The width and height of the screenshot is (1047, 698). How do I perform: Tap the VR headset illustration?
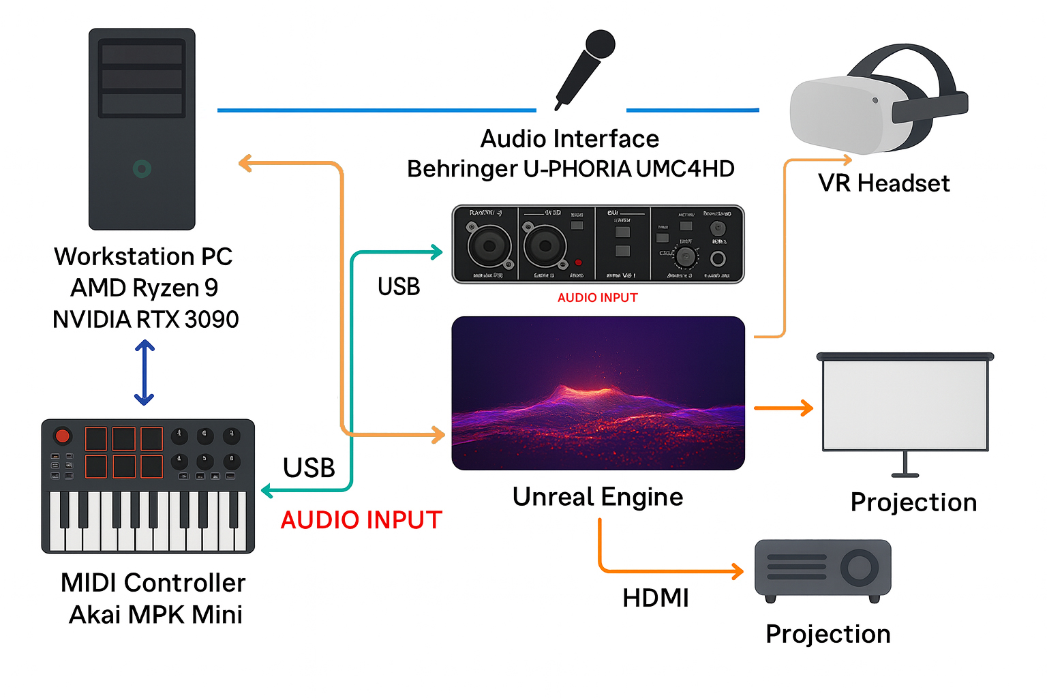(876, 102)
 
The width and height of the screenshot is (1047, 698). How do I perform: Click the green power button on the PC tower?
(142, 168)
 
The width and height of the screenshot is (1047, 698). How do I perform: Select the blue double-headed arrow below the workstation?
(145, 373)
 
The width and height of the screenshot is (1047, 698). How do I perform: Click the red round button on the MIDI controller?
(63, 436)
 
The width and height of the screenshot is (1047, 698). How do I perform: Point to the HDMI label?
(656, 598)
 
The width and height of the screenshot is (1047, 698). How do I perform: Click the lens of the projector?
(859, 567)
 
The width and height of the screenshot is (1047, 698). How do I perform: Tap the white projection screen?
(905, 405)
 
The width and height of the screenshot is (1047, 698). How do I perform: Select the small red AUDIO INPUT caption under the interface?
(597, 298)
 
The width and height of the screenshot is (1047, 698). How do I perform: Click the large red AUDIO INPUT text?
(361, 520)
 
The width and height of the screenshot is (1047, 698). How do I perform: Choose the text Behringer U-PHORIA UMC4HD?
(571, 168)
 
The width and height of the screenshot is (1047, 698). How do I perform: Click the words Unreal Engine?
(598, 497)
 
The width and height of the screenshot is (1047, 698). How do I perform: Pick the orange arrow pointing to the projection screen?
(784, 408)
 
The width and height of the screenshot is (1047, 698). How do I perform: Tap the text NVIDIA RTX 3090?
(146, 319)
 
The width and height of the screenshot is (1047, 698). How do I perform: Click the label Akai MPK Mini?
(155, 614)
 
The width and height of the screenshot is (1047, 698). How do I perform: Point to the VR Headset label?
(883, 183)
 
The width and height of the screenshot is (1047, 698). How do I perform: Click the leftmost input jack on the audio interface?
(489, 246)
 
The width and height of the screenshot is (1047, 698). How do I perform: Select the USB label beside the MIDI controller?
(309, 468)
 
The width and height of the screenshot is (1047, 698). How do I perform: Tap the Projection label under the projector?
(828, 634)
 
